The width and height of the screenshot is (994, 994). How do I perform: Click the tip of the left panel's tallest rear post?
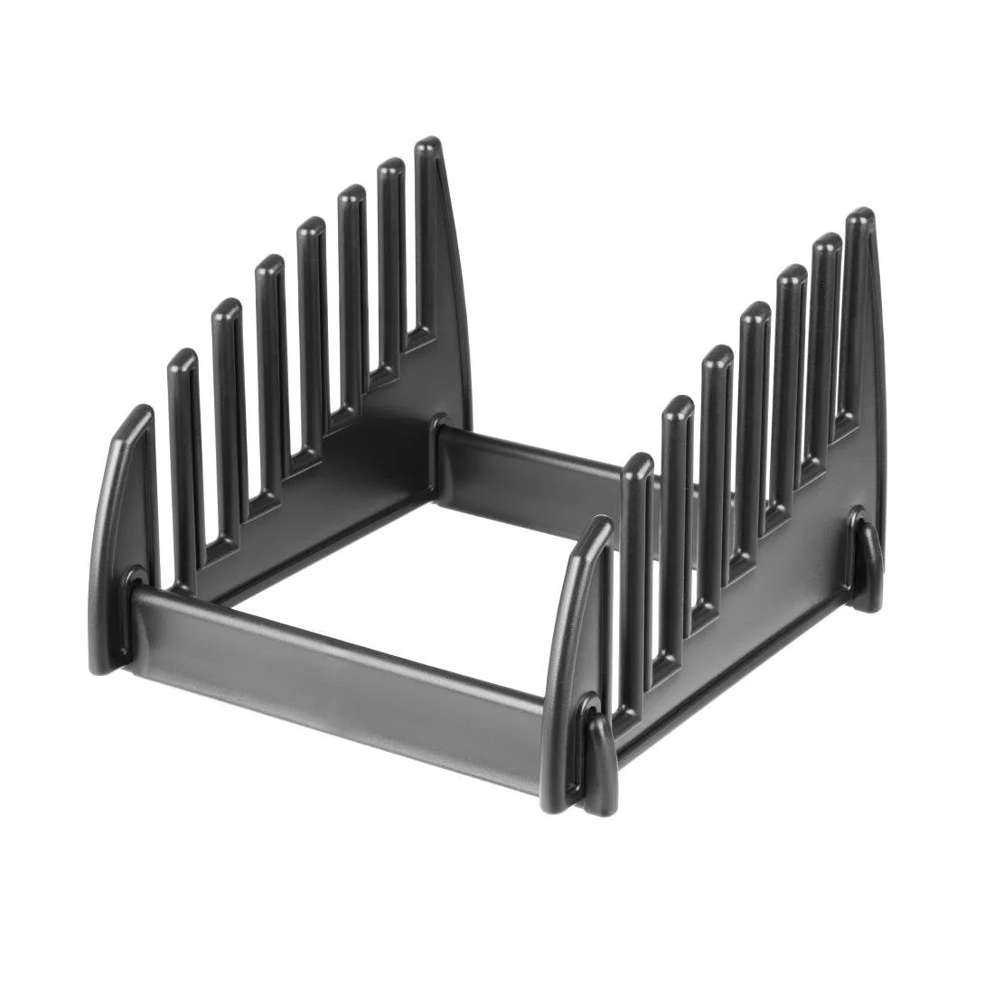[428, 146]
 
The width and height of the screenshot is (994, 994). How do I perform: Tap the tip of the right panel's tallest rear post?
[859, 218]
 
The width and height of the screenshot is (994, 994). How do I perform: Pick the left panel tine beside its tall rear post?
[390, 244]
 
